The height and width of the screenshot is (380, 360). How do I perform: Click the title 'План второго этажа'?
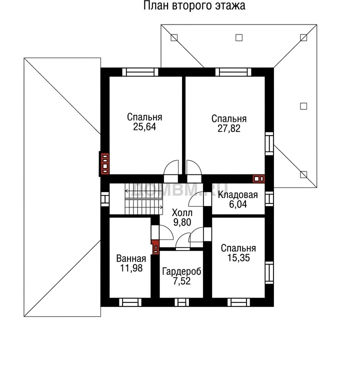pyautogui.click(x=194, y=5)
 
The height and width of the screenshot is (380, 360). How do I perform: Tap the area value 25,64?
pyautogui.click(x=144, y=126)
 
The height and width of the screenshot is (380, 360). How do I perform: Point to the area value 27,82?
pyautogui.click(x=229, y=128)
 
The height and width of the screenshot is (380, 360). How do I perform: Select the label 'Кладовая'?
pyautogui.click(x=237, y=194)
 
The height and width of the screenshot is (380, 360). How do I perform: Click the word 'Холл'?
pyautogui.click(x=182, y=213)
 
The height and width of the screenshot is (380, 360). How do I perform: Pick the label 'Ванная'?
pyautogui.click(x=131, y=258)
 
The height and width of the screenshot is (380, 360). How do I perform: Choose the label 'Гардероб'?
pyautogui.click(x=181, y=271)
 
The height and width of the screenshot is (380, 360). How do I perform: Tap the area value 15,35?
pyautogui.click(x=238, y=258)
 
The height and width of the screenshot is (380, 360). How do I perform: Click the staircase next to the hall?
pyautogui.click(x=144, y=199)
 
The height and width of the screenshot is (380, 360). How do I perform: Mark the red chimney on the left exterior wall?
pyautogui.click(x=104, y=164)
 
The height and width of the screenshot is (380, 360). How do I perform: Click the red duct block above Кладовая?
pyautogui.click(x=258, y=179)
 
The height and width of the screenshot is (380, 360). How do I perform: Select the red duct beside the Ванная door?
pyautogui.click(x=155, y=247)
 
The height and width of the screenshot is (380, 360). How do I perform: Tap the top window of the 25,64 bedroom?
pyautogui.click(x=140, y=72)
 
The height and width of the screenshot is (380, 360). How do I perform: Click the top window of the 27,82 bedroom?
pyautogui.click(x=233, y=72)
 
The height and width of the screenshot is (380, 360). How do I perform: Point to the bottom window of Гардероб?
pyautogui.click(x=182, y=302)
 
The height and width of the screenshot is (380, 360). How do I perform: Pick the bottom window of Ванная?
pyautogui.click(x=130, y=302)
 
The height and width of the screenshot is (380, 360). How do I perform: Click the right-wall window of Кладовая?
pyautogui.click(x=269, y=198)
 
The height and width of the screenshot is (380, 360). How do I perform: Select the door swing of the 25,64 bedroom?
pyautogui.click(x=171, y=167)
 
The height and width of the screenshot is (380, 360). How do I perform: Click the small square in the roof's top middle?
pyautogui.click(x=239, y=37)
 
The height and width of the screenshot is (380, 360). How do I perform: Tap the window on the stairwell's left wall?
pyautogui.click(x=105, y=199)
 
